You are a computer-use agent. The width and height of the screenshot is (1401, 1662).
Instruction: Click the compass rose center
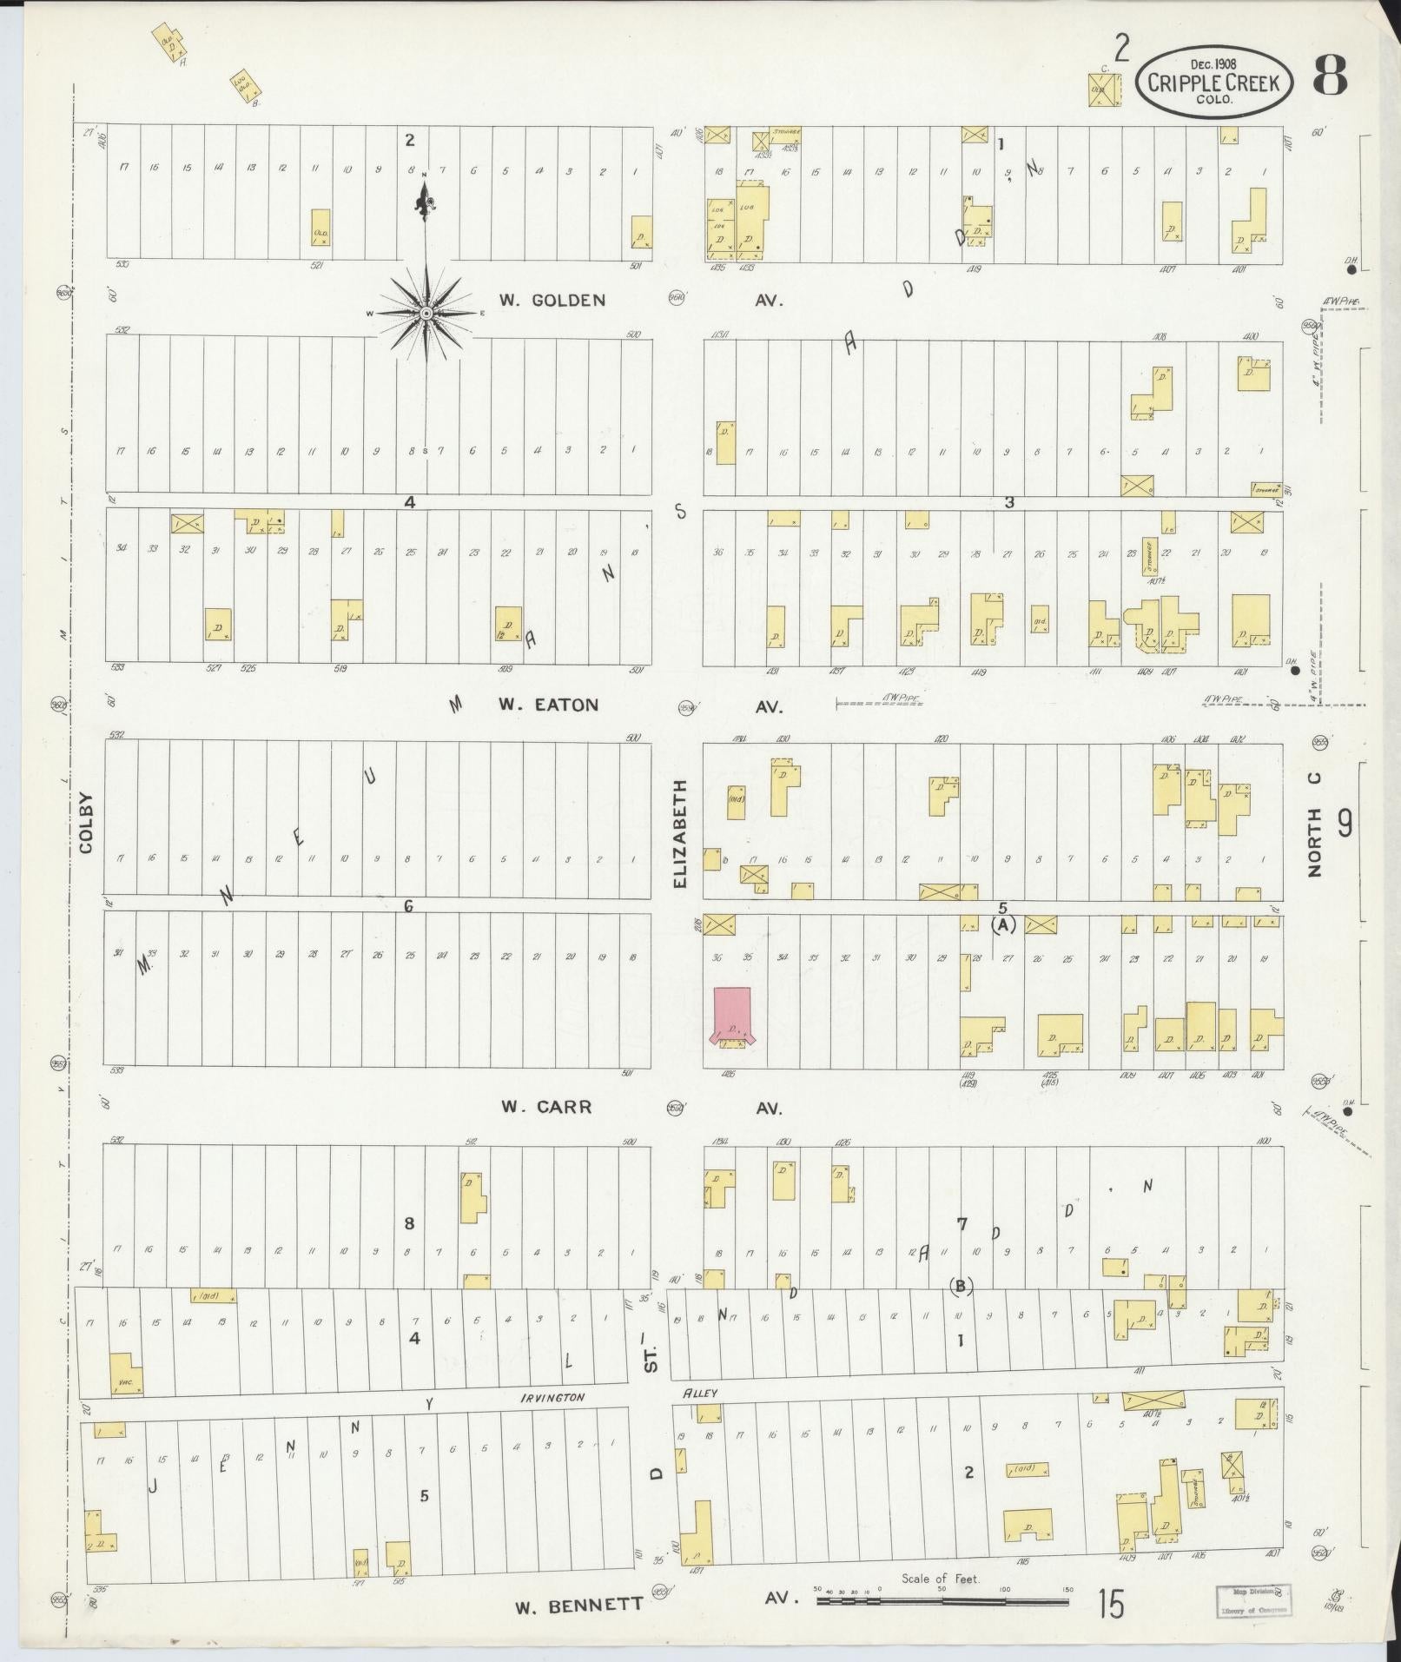pos(426,312)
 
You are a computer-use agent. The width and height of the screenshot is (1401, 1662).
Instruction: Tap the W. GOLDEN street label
pos(552,301)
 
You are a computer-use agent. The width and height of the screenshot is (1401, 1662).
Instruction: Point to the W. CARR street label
pos(546,1107)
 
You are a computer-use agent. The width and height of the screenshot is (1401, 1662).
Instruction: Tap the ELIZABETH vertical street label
pos(680,833)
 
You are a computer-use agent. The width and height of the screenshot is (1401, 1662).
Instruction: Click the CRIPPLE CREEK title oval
pos(1214,82)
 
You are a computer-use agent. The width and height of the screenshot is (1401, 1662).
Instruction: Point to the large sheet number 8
pos(1329,76)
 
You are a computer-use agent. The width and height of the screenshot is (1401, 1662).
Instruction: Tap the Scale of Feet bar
pos(942,1597)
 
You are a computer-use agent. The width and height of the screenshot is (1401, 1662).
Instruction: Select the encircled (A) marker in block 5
pos(1003,926)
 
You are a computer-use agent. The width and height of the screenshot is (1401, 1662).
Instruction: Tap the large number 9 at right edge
pos(1345,822)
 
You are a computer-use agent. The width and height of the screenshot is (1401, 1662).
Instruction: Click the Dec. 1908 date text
pos(1214,63)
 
